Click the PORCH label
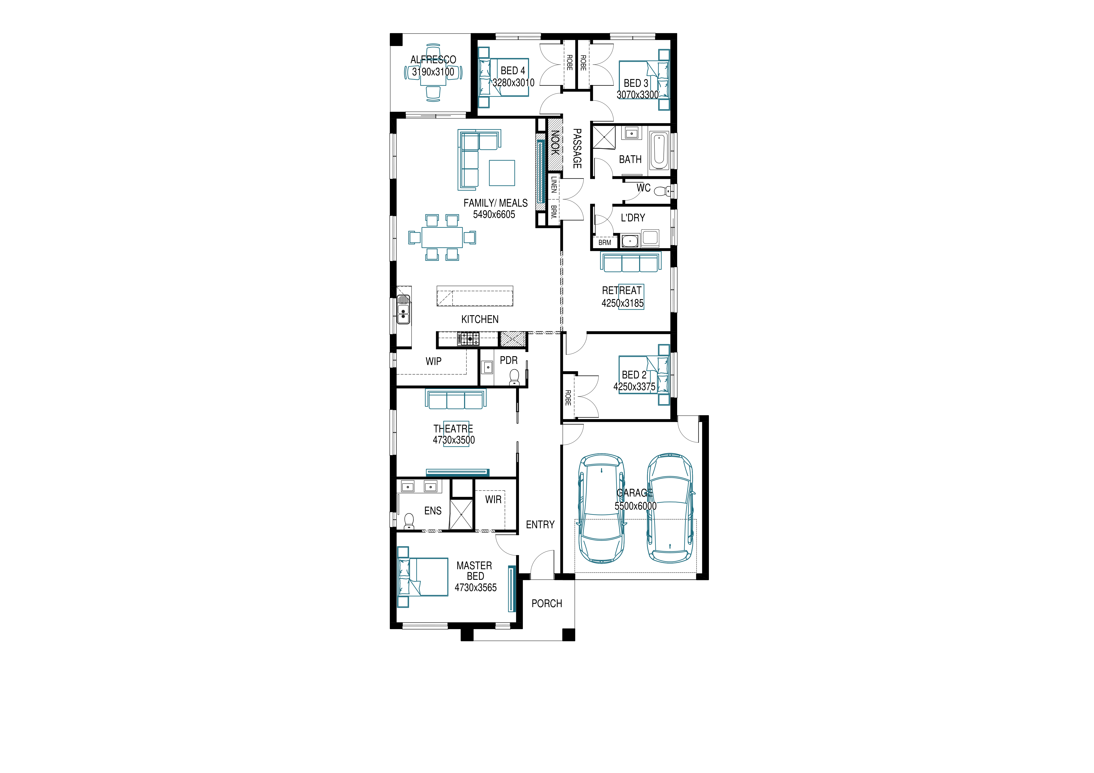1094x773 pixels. coord(546,603)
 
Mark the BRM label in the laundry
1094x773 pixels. coord(605,242)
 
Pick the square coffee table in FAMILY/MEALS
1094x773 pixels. coord(502,173)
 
